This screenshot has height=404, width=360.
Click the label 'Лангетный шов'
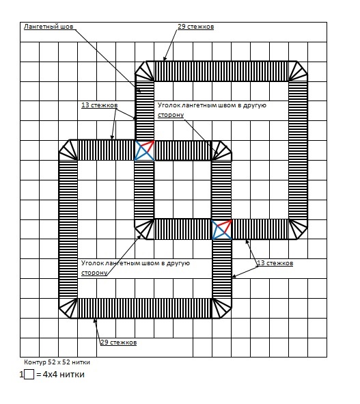49,27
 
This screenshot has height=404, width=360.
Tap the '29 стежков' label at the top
195,27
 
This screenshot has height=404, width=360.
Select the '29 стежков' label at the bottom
118,342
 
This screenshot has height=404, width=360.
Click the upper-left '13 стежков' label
100,105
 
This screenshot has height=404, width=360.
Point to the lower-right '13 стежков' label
275,263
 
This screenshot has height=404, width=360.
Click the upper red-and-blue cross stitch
144,150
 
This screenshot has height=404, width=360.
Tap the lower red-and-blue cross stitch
221,230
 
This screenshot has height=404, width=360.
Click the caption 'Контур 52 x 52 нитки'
57,362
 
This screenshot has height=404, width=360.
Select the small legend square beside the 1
29,375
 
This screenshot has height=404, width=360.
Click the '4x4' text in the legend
50,374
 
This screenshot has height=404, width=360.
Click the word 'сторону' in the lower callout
94,273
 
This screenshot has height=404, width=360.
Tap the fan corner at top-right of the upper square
298,71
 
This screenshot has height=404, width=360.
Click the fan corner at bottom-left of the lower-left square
68,308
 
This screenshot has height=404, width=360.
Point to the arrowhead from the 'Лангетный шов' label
139,90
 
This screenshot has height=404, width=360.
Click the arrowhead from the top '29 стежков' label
165,59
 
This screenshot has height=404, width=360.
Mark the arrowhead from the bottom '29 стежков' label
94,321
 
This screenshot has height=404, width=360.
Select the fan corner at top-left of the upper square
144,71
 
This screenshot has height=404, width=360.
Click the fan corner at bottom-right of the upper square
298,229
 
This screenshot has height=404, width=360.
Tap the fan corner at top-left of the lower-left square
68,150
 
